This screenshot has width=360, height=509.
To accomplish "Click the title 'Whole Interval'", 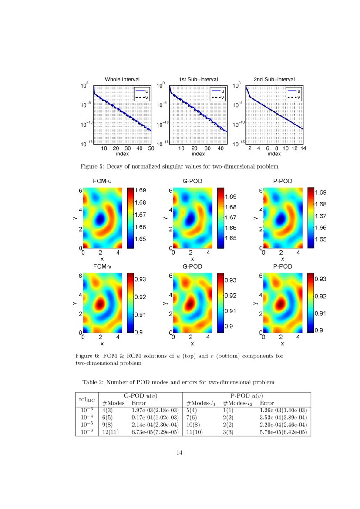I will coord(122,79).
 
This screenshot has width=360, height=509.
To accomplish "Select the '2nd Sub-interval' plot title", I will coord(274,79).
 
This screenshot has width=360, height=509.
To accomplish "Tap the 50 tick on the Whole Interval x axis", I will coord(151,148).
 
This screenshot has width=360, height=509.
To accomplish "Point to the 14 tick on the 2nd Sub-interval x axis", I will coord(303,148).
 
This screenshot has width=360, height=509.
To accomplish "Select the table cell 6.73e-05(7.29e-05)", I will coord(155,432).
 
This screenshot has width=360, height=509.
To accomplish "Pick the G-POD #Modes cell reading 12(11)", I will coord(109,432).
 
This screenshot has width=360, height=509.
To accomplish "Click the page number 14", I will coord(179,453).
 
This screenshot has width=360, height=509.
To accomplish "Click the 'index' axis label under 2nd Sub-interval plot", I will coord(274,154).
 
